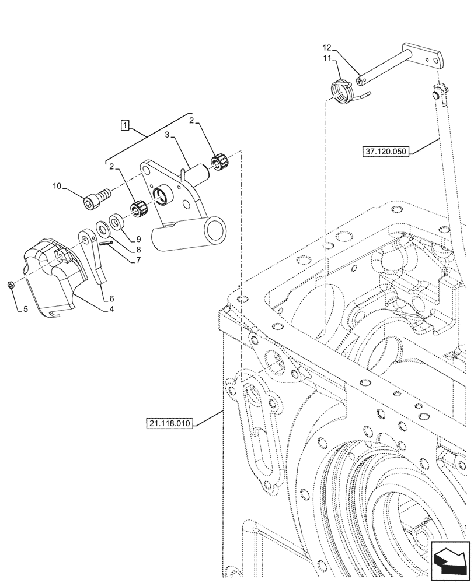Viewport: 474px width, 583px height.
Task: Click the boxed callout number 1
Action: coord(125,124)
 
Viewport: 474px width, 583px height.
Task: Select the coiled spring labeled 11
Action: coord(341,91)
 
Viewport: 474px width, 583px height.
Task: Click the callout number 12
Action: coord(326,47)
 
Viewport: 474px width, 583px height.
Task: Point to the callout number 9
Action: coord(138,239)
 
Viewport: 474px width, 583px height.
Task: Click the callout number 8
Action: coord(138,250)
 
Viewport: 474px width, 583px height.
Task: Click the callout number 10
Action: coord(57,187)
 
